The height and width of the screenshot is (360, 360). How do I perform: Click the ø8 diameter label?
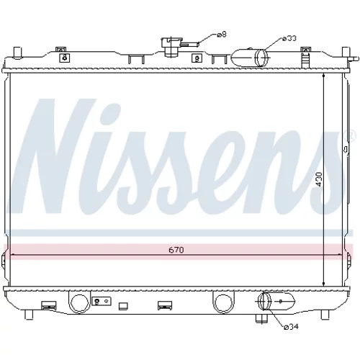[222, 35]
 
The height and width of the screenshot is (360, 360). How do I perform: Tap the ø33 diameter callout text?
[289, 38]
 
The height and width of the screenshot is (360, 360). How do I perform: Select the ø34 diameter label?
[291, 327]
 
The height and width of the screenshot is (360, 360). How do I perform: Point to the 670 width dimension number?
[176, 250]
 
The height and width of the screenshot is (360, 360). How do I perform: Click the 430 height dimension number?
[319, 179]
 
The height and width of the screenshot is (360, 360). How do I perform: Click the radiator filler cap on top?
[171, 47]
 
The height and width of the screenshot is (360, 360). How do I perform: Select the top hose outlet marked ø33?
[250, 58]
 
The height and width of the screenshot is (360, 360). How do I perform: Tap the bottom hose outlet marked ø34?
[276, 301]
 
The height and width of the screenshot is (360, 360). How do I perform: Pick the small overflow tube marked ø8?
[189, 44]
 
